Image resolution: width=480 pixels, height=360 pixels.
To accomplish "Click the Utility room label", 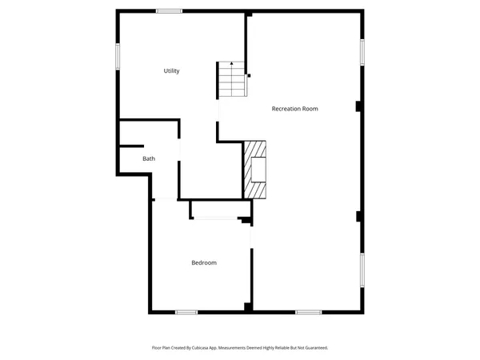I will [171, 71].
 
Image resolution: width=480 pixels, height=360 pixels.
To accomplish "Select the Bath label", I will [149, 158].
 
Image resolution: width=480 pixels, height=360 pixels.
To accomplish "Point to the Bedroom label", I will [203, 262].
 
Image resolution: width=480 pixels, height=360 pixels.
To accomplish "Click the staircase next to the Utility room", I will [230, 81].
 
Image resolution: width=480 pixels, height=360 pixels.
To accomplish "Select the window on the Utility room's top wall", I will [169, 10].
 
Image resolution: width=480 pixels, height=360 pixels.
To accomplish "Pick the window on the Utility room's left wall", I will [118, 55].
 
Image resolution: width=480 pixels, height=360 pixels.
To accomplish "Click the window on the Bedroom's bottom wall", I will [186, 311].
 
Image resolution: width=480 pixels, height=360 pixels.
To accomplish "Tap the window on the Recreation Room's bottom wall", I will [308, 311].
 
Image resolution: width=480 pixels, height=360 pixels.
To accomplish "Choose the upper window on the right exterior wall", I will [362, 52].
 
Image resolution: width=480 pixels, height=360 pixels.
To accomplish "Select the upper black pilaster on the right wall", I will [359, 106].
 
